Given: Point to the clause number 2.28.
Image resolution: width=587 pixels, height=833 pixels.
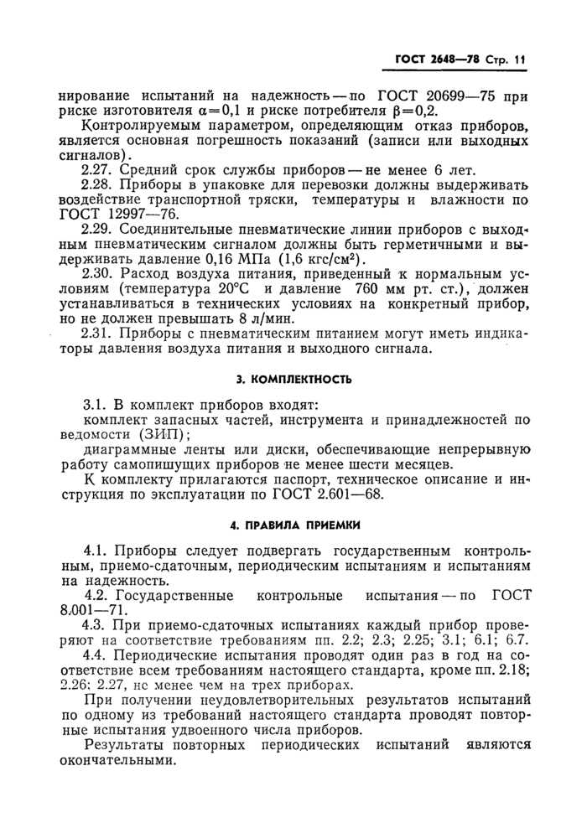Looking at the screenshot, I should (98, 189).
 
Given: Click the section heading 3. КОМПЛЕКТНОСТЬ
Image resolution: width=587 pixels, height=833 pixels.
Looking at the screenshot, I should (293, 378).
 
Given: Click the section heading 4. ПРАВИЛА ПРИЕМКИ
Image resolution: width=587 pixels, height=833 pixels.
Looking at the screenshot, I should (293, 526).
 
